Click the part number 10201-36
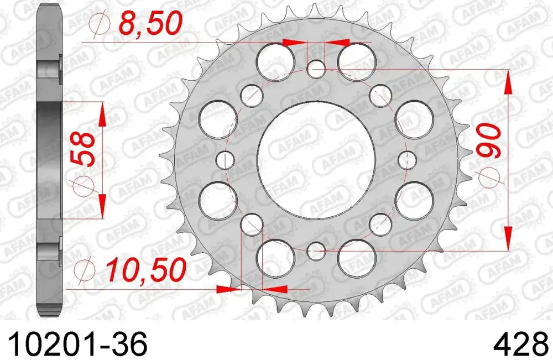coord(74,345)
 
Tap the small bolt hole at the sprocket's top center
coord(316,70)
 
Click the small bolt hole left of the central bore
coord(226,160)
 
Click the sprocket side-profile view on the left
coord(49,160)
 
